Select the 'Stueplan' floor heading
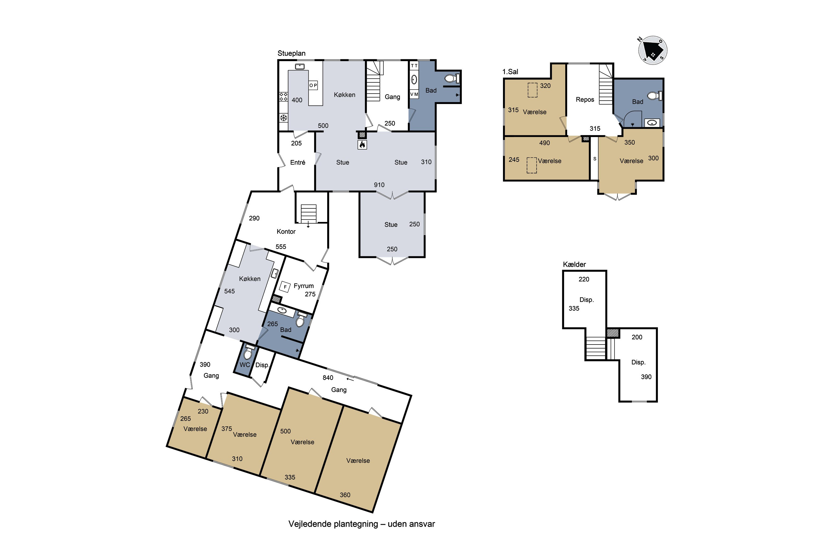point(291,53)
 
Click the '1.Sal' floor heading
point(510,72)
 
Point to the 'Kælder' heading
point(574,264)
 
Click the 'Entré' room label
point(298,162)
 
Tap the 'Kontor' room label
point(286,232)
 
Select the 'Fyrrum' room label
point(304,286)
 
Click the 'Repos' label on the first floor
point(585,100)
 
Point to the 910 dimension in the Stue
point(379,185)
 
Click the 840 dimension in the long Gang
point(328,378)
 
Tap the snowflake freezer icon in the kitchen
point(283,118)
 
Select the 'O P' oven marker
point(313,85)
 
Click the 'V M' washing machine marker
point(414,94)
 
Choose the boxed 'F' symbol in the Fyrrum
point(285,287)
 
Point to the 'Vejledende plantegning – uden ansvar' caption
point(362,524)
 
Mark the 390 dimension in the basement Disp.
point(646,377)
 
